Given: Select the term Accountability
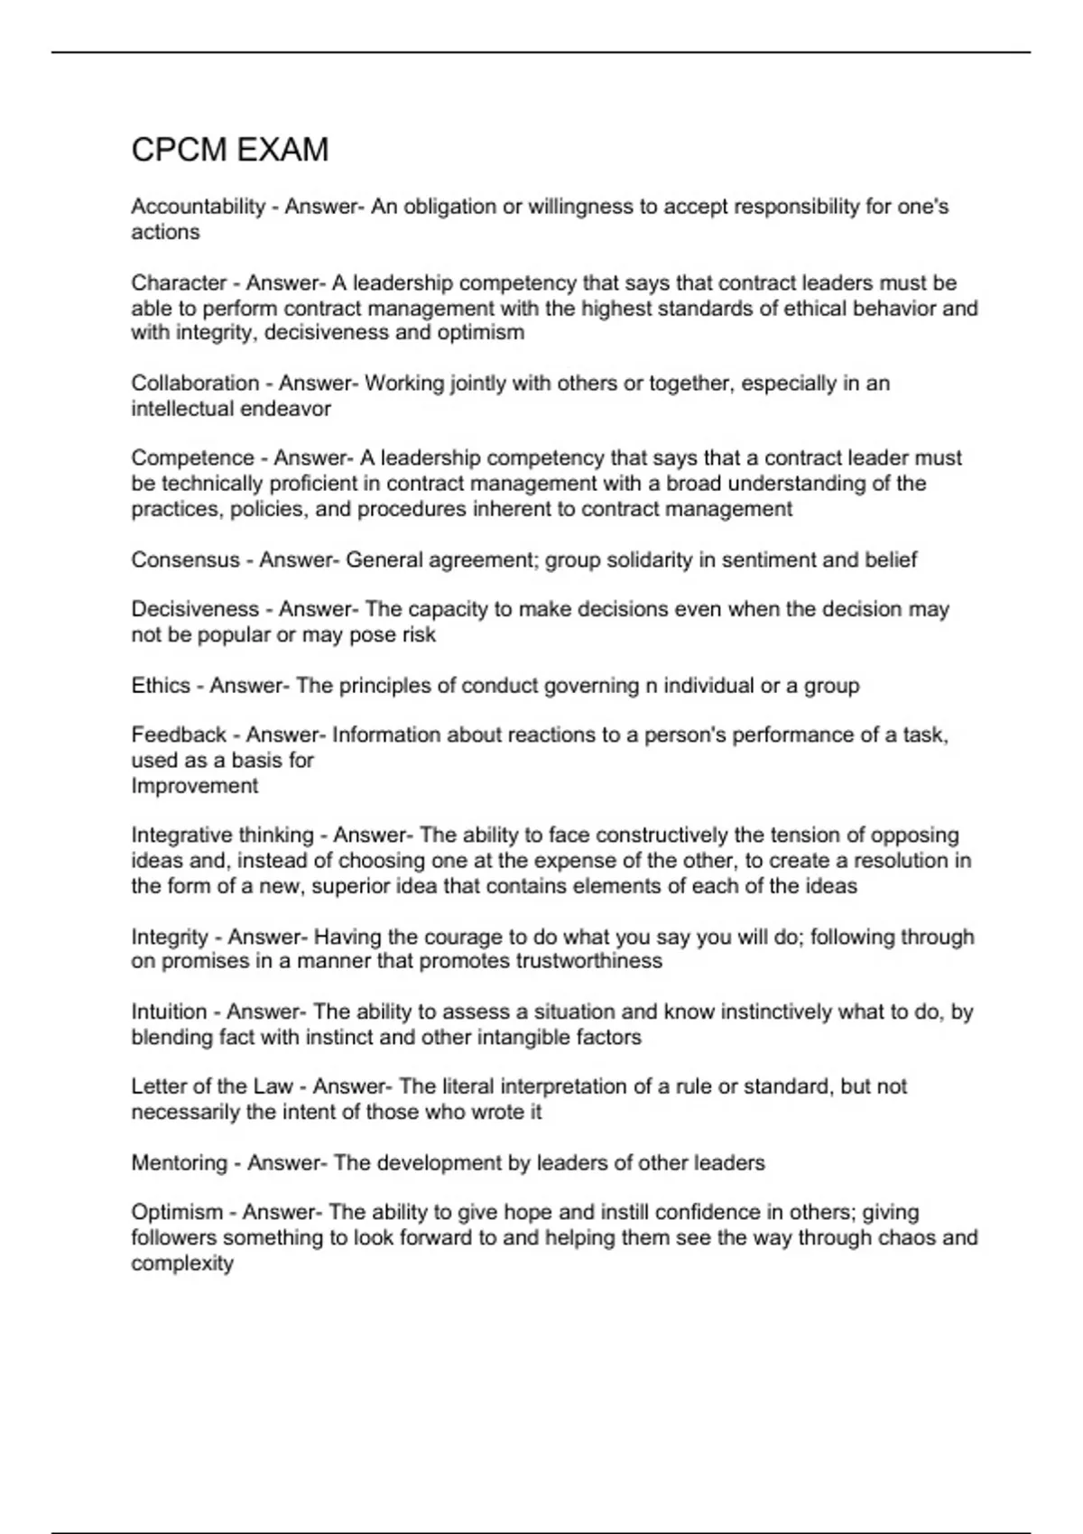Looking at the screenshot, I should pos(198,207).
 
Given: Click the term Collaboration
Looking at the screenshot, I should pos(194,383).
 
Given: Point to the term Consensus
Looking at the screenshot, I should pos(185,560).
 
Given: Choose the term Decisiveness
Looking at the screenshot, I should pos(194,610).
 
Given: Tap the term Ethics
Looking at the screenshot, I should pos(161,686).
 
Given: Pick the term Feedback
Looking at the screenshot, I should pos(178,735).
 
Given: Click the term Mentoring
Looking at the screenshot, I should pos(179,1163).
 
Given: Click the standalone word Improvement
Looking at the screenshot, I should pos(194,786).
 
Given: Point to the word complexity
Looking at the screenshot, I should pos(181,1263).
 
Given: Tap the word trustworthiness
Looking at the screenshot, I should pos(588,961).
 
